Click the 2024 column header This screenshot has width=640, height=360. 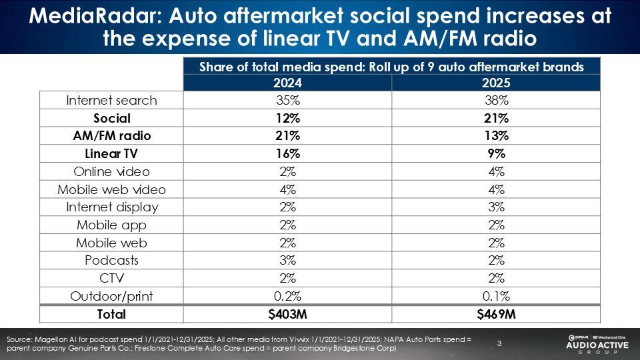click(x=287, y=83)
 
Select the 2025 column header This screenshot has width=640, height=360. click(x=495, y=83)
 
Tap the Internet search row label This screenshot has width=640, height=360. click(x=111, y=101)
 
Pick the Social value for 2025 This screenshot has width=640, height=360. click(x=495, y=118)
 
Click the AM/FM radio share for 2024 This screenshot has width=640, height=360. click(x=287, y=136)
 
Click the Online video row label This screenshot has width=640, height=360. click(x=111, y=171)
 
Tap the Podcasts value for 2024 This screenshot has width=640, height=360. click(x=287, y=260)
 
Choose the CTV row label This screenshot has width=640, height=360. click(x=111, y=277)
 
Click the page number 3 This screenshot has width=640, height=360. click(x=499, y=343)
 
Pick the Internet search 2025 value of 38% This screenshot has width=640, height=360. click(x=495, y=101)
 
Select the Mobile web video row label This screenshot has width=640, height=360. click(x=111, y=189)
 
